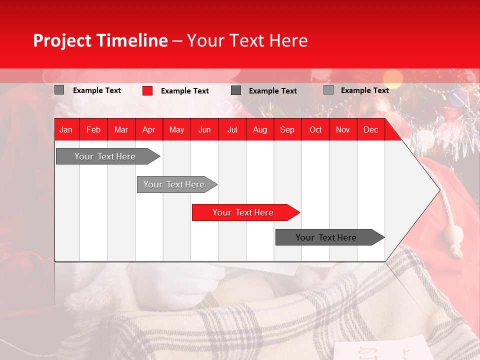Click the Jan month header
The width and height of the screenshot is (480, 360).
66,129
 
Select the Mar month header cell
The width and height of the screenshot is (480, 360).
121,129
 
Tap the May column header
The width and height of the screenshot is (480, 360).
176,129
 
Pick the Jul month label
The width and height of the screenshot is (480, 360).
232,129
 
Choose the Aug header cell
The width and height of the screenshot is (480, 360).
259,129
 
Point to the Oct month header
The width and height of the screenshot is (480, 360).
315,129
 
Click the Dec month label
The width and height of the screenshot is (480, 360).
370,129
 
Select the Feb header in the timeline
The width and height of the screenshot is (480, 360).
93,129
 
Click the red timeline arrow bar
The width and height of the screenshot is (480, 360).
243,212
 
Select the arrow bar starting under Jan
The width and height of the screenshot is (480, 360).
105,156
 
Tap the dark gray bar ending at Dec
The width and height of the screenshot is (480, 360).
326,237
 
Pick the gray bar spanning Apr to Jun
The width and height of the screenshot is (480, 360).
174,184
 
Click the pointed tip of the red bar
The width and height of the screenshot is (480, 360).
297,212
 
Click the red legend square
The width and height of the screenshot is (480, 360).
147,90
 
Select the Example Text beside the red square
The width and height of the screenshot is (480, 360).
184,91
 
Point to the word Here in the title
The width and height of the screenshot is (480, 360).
288,40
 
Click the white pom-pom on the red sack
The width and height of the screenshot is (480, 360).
454,233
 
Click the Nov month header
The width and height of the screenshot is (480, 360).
343,129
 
